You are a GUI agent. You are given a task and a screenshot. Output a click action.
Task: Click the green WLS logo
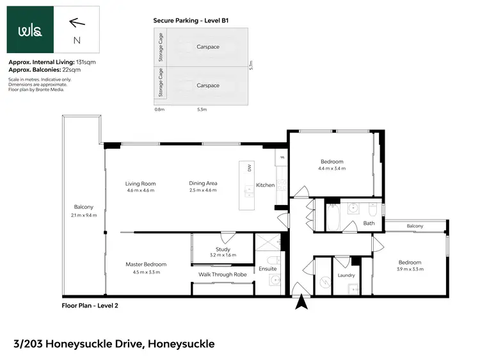(x=30, y=30)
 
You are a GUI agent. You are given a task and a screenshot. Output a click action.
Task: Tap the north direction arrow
(x=77, y=23)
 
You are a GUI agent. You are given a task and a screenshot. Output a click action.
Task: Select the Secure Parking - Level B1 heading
(x=191, y=20)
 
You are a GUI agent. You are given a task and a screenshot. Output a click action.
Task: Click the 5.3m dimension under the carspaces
(x=202, y=110)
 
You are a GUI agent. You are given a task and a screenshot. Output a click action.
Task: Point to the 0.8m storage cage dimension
(x=159, y=110)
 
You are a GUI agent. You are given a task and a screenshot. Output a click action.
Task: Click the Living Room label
(x=140, y=184)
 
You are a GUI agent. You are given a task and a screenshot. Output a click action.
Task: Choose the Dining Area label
(x=204, y=184)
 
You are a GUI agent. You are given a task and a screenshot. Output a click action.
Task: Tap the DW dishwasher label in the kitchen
(x=249, y=168)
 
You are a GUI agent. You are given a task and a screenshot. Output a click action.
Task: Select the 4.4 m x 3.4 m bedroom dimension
(x=332, y=169)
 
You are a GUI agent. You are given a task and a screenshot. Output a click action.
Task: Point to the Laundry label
(x=346, y=275)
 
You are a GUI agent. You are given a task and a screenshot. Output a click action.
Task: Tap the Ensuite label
(x=268, y=269)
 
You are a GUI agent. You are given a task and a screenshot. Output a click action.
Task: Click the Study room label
(x=223, y=249)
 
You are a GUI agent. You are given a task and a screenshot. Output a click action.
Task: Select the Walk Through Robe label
(x=222, y=275)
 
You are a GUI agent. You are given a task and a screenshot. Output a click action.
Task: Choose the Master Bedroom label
(x=146, y=265)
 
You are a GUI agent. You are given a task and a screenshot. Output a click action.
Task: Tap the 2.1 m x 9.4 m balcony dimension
(x=84, y=215)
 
